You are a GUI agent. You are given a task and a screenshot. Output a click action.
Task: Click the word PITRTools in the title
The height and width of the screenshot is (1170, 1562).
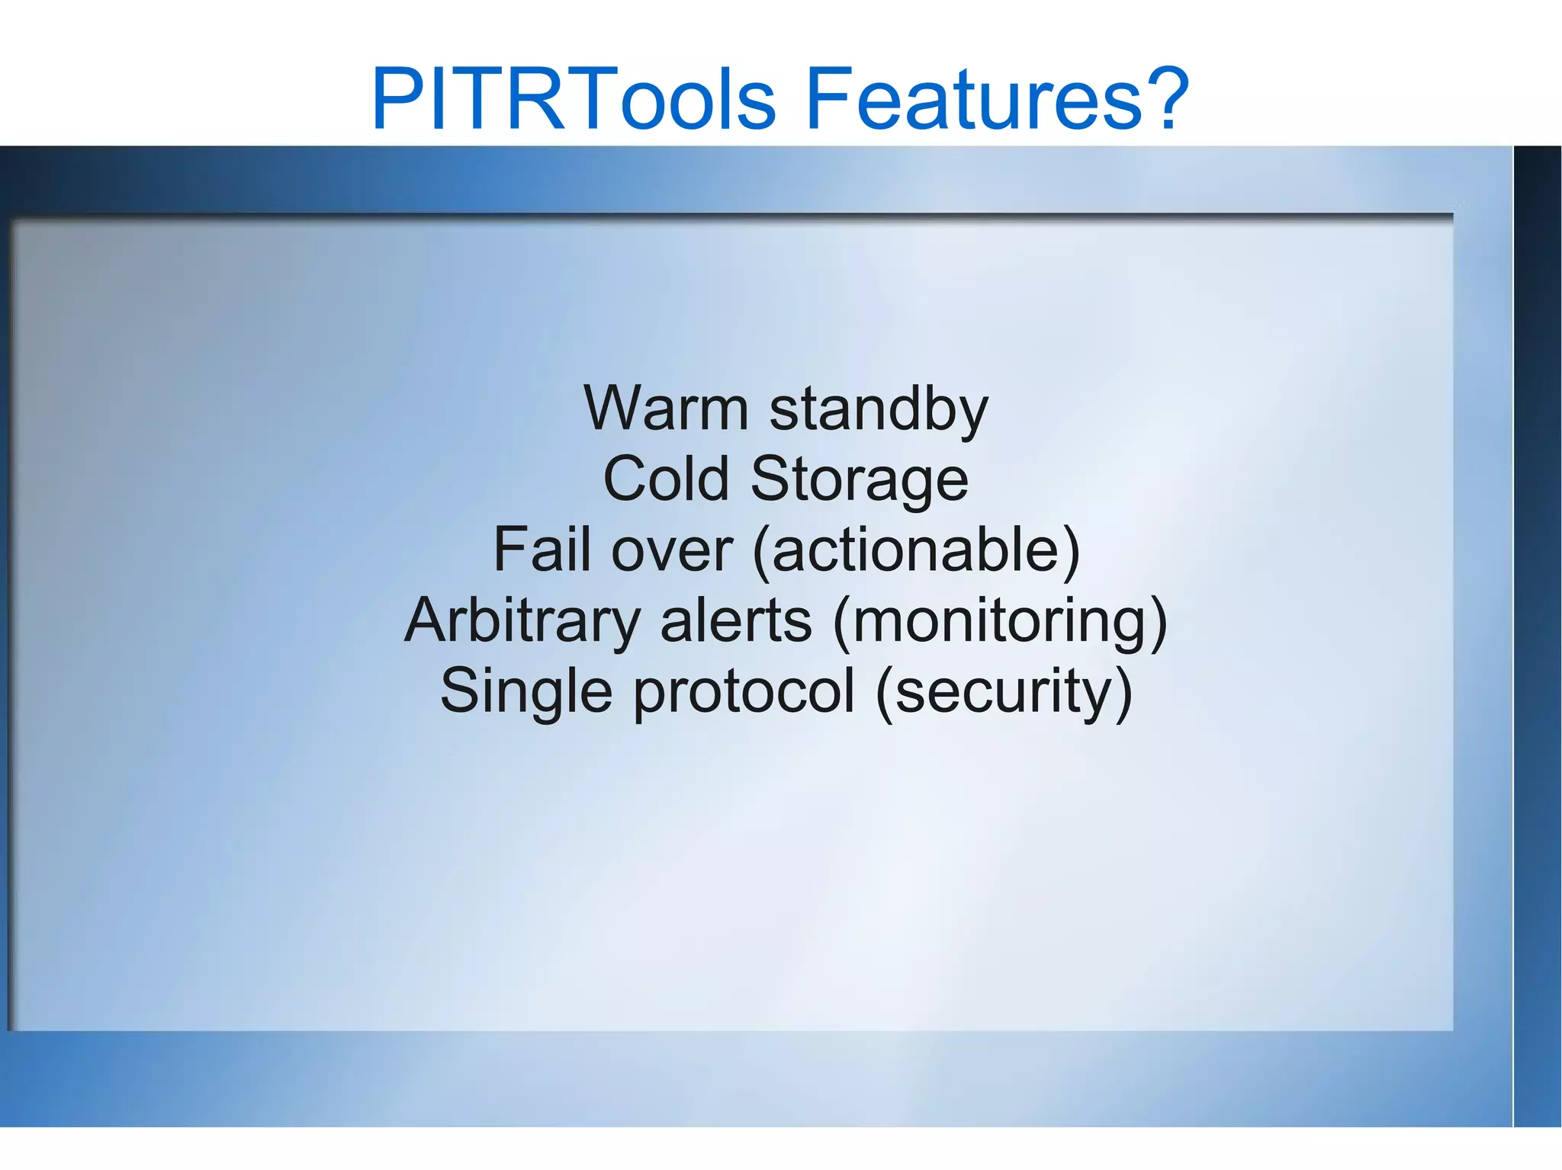click(x=574, y=99)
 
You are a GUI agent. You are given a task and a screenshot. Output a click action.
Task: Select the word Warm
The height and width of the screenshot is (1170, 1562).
click(x=666, y=409)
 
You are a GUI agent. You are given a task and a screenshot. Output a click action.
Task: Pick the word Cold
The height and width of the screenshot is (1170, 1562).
click(x=666, y=479)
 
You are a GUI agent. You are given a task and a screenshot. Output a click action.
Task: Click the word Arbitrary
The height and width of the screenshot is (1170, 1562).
click(x=523, y=621)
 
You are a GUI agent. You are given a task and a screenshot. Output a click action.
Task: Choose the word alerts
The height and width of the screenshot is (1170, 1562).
click(x=736, y=621)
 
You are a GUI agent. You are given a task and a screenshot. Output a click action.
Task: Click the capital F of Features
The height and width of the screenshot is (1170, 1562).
click(x=827, y=99)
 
